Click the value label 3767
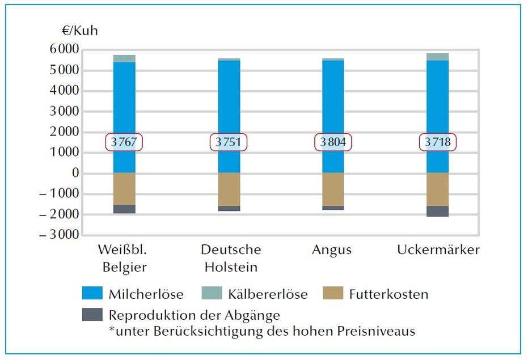pos(124,142)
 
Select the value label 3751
pos(229,142)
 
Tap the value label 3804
pos(333,142)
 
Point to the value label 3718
pos(437,142)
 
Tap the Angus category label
pos(332,250)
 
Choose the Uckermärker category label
pos(438,250)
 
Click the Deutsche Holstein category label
pos(231,258)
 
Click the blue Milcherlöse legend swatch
pos(92,293)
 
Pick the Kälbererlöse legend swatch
pos(212,293)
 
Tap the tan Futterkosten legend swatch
pos(332,293)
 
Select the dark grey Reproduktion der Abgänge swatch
pos(92,315)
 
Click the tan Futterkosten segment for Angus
pos(333,189)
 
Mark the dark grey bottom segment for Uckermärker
pos(437,211)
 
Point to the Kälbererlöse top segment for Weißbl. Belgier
pos(124,58)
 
